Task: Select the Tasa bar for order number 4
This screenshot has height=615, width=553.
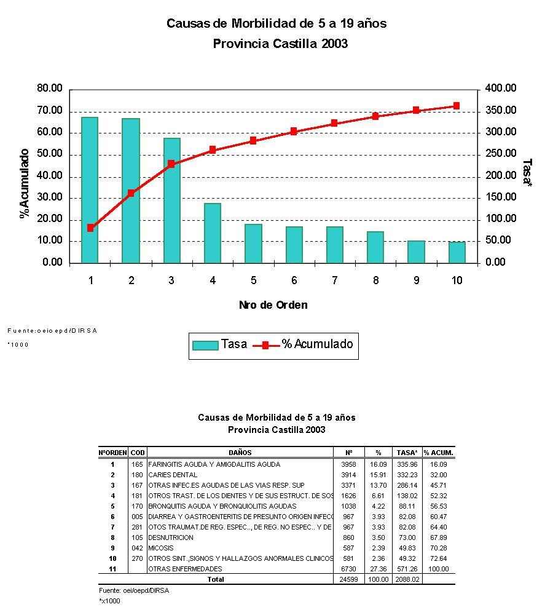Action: (213, 233)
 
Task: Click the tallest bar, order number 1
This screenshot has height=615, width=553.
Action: (90, 190)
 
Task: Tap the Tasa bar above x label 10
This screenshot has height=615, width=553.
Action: (457, 252)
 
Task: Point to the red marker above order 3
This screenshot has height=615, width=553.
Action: (171, 164)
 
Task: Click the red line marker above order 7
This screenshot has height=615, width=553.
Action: (334, 123)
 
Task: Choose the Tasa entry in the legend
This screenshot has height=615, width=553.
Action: (219, 345)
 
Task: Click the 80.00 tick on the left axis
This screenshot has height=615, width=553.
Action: (50, 89)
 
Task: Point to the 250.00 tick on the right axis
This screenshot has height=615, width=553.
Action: (501, 154)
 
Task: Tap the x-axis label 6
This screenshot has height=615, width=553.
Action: (294, 280)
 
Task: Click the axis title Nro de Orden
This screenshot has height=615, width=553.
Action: (273, 305)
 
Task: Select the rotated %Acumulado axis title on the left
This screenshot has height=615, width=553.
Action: (25, 183)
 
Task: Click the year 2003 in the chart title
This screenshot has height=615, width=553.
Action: (335, 44)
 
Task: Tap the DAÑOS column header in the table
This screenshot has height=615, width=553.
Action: (240, 453)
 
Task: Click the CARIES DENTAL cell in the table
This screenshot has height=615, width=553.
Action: (173, 475)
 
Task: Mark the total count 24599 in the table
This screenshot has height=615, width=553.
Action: (348, 579)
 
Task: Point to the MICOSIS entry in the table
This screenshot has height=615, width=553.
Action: (161, 548)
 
